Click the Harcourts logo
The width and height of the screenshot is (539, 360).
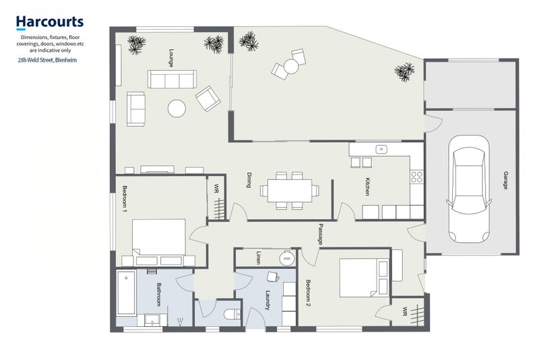(50, 22)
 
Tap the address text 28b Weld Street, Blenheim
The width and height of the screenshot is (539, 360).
(47, 60)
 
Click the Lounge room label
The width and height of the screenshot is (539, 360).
(171, 58)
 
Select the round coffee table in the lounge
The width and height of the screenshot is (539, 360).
(177, 109)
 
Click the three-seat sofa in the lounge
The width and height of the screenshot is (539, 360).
(172, 80)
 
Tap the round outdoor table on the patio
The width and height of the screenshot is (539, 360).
(291, 66)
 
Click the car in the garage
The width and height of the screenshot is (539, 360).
(469, 189)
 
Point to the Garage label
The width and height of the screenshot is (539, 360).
(506, 180)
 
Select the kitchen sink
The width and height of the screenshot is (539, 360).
(381, 149)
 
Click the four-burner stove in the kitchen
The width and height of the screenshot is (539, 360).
(416, 177)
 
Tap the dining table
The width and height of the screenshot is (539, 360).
(290, 191)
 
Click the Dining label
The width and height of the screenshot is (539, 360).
(249, 180)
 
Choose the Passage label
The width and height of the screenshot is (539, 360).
(321, 234)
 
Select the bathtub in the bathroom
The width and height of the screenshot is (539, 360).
(126, 293)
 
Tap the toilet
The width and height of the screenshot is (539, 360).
(232, 315)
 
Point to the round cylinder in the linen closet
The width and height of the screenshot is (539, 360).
(287, 258)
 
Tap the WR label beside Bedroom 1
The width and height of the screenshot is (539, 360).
(216, 189)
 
